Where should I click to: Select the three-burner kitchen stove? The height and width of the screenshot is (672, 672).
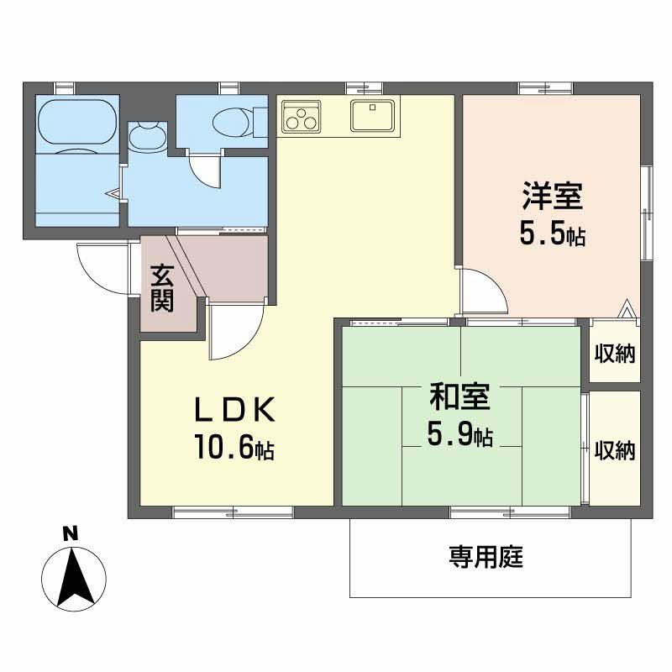[x=302, y=118]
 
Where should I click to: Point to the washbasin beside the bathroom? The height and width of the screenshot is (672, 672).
[x=149, y=137]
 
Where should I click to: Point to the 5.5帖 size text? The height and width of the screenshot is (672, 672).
[x=551, y=234]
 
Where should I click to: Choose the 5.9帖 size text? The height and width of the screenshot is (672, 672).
[x=459, y=434]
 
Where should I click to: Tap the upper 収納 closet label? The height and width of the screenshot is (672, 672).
[x=615, y=353]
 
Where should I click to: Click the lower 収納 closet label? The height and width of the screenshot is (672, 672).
[x=615, y=449]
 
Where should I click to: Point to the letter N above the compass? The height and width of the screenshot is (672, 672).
[x=71, y=533]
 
